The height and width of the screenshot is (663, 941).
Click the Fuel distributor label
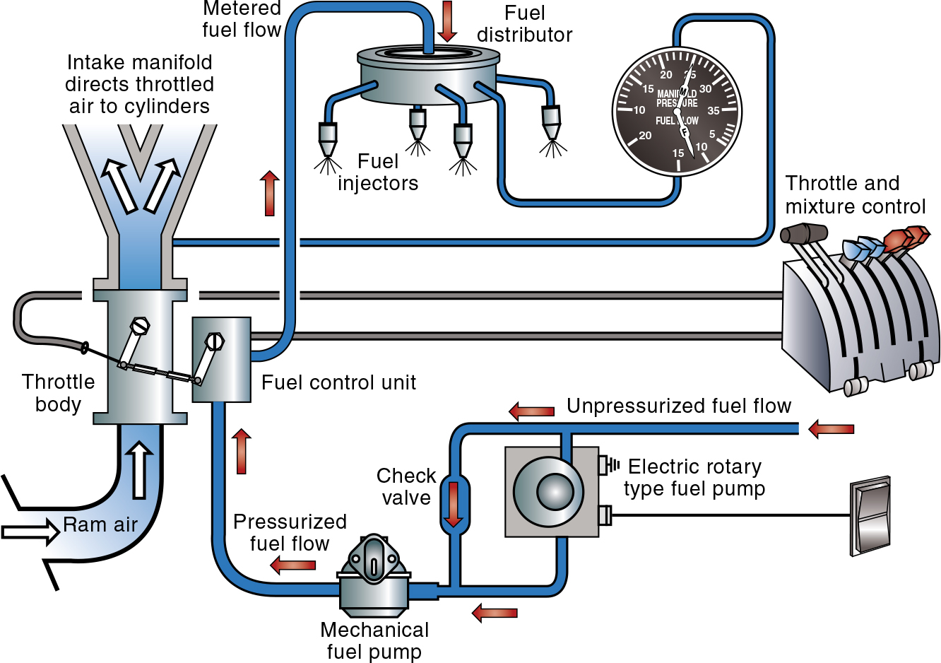[x=524, y=24]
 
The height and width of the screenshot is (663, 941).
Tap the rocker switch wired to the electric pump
[x=871, y=515]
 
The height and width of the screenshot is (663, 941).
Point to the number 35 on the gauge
[x=714, y=111]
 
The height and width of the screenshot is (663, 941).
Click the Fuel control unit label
[x=338, y=382]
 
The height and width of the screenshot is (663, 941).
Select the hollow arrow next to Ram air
[x=30, y=531]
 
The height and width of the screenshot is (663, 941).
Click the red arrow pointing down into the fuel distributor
[x=446, y=21]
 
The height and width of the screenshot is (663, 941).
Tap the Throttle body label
[x=58, y=393]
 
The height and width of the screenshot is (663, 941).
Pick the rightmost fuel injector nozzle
[x=551, y=122]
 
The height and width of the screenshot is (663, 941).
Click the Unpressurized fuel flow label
[x=678, y=406]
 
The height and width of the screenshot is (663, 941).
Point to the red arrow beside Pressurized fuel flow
[x=293, y=565]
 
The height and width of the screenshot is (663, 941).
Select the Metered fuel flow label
[x=242, y=19]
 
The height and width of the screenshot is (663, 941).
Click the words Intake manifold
[x=139, y=62]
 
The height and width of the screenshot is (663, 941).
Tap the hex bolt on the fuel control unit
[x=214, y=341]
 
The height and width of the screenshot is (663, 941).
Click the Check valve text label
[x=406, y=486]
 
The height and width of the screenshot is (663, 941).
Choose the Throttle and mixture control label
[x=855, y=194]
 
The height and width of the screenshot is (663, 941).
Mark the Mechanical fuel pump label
[x=374, y=640]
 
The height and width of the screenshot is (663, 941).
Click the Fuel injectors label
[x=378, y=172]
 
